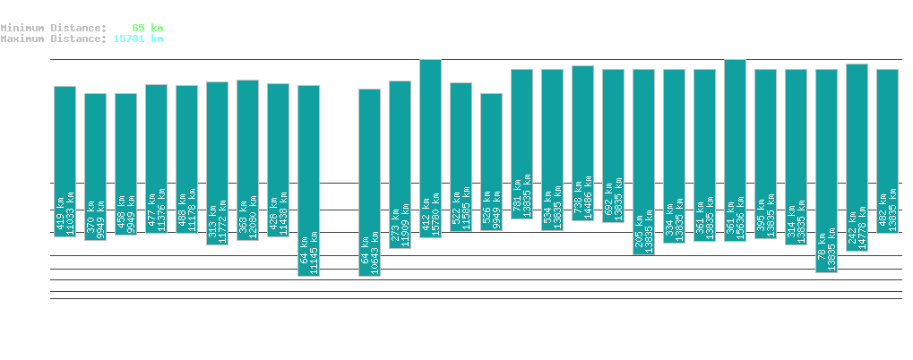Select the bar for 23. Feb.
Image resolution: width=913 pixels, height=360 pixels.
[x=308, y=179]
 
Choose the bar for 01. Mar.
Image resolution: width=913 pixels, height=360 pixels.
[x=491, y=161]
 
